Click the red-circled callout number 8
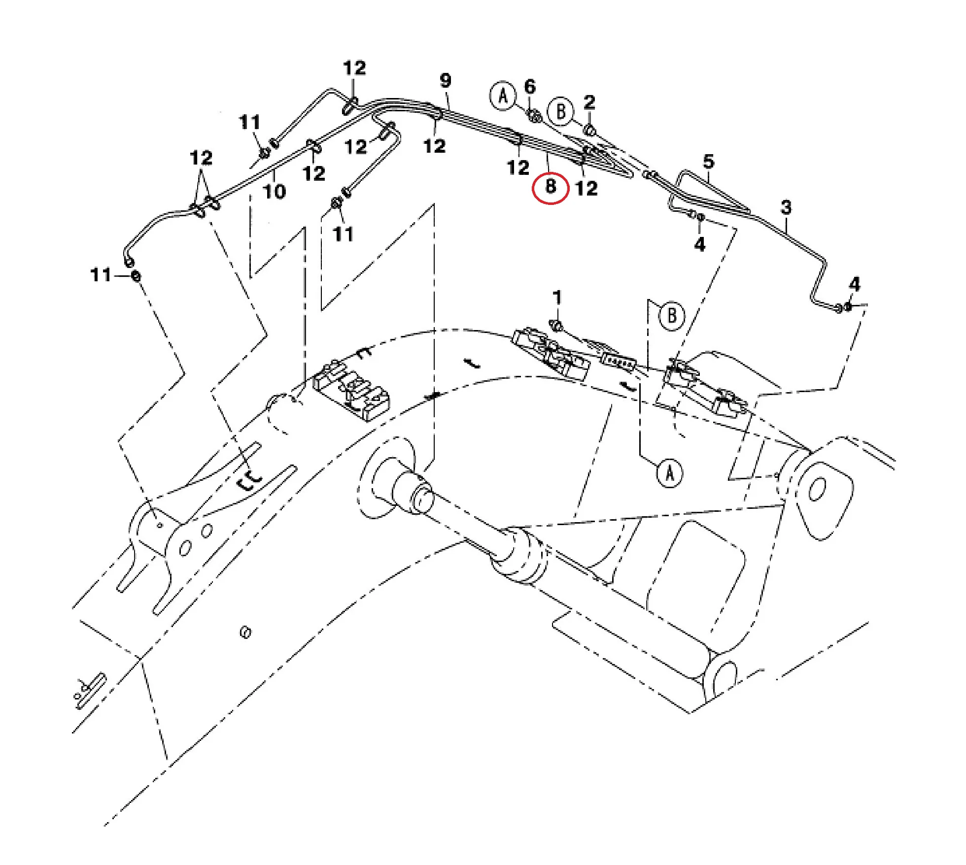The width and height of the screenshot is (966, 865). click(551, 187)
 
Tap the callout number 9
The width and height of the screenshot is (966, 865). click(446, 80)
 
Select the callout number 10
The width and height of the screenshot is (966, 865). click(275, 191)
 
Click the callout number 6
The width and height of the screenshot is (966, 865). click(530, 87)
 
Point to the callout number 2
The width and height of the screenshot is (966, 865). click(589, 102)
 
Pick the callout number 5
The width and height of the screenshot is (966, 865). click(709, 162)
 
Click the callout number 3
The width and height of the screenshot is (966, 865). click(786, 207)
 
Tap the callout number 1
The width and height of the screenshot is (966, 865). click(557, 298)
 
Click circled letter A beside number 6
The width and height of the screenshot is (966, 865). click(503, 96)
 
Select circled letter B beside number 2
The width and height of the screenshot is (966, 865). click(561, 111)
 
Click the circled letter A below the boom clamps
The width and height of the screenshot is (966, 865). click(670, 473)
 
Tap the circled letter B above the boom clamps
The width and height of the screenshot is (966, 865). click(672, 316)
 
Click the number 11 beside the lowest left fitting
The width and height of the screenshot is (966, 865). click(101, 275)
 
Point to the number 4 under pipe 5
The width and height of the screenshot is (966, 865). click(700, 244)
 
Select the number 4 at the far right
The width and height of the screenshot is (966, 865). click(855, 284)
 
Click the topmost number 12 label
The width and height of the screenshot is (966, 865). click(354, 68)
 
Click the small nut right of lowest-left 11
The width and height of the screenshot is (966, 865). click(136, 276)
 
